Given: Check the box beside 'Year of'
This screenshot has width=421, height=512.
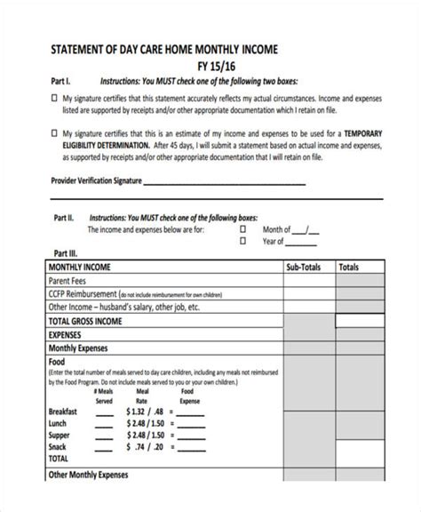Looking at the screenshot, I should point(242,240).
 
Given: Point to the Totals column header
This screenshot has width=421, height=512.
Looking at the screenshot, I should point(349,266).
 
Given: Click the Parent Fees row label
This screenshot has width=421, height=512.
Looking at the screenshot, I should point(68,279).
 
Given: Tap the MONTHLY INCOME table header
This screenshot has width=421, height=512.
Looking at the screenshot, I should point(81,266).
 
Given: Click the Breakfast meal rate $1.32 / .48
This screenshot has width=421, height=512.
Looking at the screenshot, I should point(146,412).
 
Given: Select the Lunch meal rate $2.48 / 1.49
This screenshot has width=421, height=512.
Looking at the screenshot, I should point(146,424).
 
